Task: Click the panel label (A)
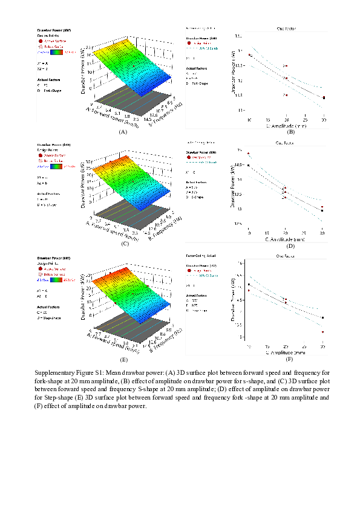pos(123,131)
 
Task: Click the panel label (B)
pos(290,131)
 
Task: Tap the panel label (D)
pos(290,245)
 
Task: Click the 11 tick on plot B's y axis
pos(240,110)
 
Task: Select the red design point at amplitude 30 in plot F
pos(323,332)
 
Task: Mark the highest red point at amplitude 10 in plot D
pos(249,154)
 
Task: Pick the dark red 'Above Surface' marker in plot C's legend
pos(41,155)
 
